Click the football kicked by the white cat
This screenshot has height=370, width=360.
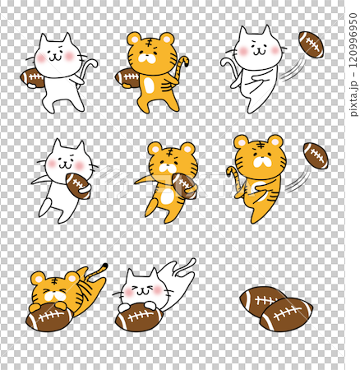[x=311, y=44]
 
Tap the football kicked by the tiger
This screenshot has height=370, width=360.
[x=316, y=155]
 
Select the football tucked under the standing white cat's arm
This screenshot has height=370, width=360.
[x=32, y=78]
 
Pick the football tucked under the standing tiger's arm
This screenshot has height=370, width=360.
[x=127, y=78]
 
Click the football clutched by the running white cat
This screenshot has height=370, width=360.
[x=78, y=186]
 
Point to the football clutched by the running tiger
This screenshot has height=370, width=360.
[x=184, y=186]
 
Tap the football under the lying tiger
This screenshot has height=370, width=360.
[x=49, y=317]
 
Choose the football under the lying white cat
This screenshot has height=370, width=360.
[x=140, y=317]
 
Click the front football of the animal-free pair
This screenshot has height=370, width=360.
[x=286, y=314]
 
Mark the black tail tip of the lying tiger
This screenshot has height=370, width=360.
[x=105, y=266]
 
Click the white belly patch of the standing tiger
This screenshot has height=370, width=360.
[x=149, y=85]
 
